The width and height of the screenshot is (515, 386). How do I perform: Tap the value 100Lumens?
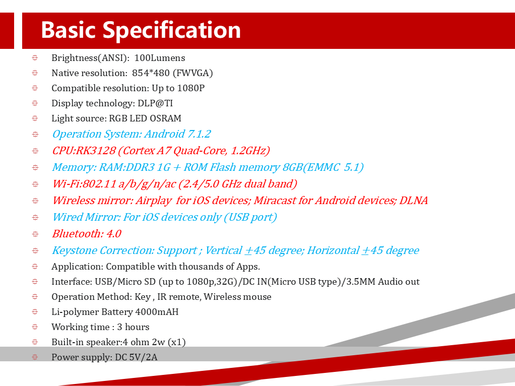[x=160, y=58]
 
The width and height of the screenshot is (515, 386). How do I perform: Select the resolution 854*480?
[x=151, y=73]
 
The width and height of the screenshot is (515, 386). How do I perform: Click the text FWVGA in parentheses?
[x=193, y=73]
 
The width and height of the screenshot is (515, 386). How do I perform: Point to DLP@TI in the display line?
[x=155, y=103]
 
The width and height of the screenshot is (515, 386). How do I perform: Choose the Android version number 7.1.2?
[x=199, y=134]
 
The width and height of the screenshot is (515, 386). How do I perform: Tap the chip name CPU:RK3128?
[x=84, y=151]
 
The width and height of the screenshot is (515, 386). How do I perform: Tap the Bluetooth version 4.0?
[x=114, y=234]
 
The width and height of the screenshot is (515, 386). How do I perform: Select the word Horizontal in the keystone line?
[x=333, y=250]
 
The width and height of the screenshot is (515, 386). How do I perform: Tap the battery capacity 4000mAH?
[x=157, y=312]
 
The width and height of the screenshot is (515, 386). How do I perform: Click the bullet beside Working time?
[x=35, y=327]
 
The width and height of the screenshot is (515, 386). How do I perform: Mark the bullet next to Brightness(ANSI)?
[x=35, y=58]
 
